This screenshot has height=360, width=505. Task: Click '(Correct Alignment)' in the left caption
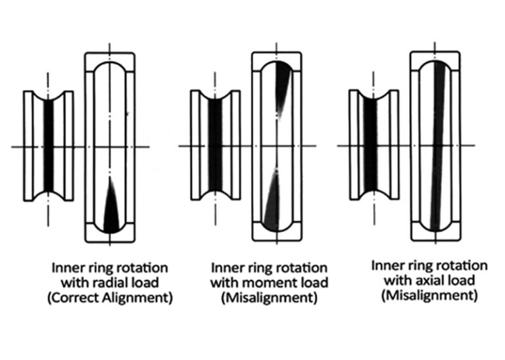(x=110, y=298)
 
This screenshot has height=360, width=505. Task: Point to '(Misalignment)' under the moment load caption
(x=269, y=298)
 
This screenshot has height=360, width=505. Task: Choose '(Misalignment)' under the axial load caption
(x=429, y=296)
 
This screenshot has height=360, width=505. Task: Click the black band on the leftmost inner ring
(x=48, y=146)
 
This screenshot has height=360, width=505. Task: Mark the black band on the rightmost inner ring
(x=370, y=145)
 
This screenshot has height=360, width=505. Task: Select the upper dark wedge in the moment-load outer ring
(x=283, y=87)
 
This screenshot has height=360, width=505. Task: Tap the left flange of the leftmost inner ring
(x=28, y=146)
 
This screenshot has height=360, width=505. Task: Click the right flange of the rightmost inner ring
(x=394, y=145)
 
